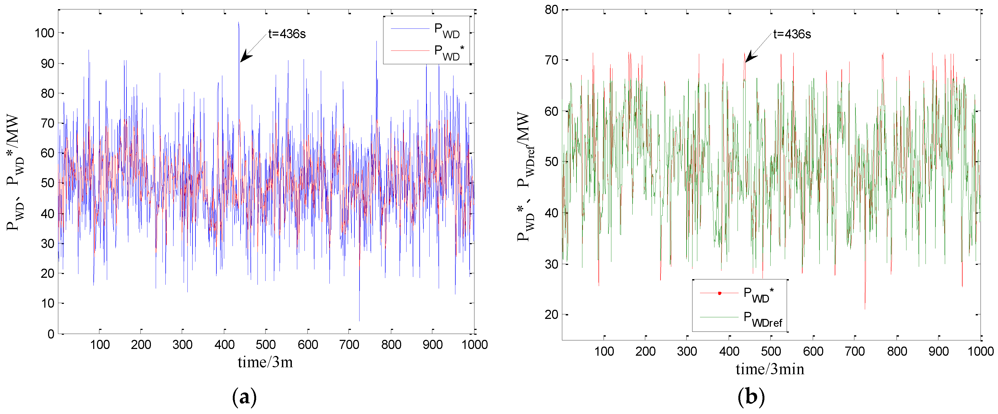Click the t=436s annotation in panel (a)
[x=287, y=34]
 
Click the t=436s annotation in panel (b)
[x=792, y=34]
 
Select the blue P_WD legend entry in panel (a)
[x=426, y=30]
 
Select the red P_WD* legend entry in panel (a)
[x=426, y=52]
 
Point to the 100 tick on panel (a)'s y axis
[x=45, y=33]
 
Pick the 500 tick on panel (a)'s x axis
[x=266, y=345]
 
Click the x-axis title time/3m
[x=265, y=362]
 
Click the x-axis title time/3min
[x=770, y=369]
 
